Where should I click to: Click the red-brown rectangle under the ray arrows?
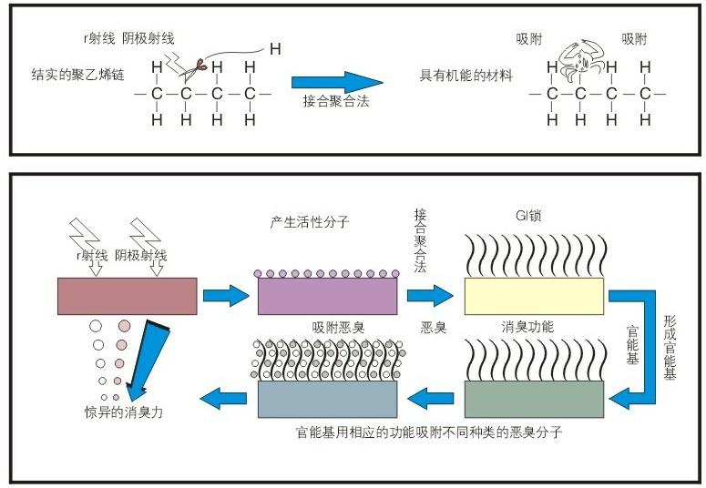coord(126,295)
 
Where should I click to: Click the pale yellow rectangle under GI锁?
coord(533,296)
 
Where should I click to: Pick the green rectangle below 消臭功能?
coord(533,397)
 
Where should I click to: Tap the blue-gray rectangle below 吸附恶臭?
coord(328,398)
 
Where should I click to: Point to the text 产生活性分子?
coord(310,221)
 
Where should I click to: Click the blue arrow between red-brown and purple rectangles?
coord(226,295)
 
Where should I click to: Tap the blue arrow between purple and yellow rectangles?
coord(430,295)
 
